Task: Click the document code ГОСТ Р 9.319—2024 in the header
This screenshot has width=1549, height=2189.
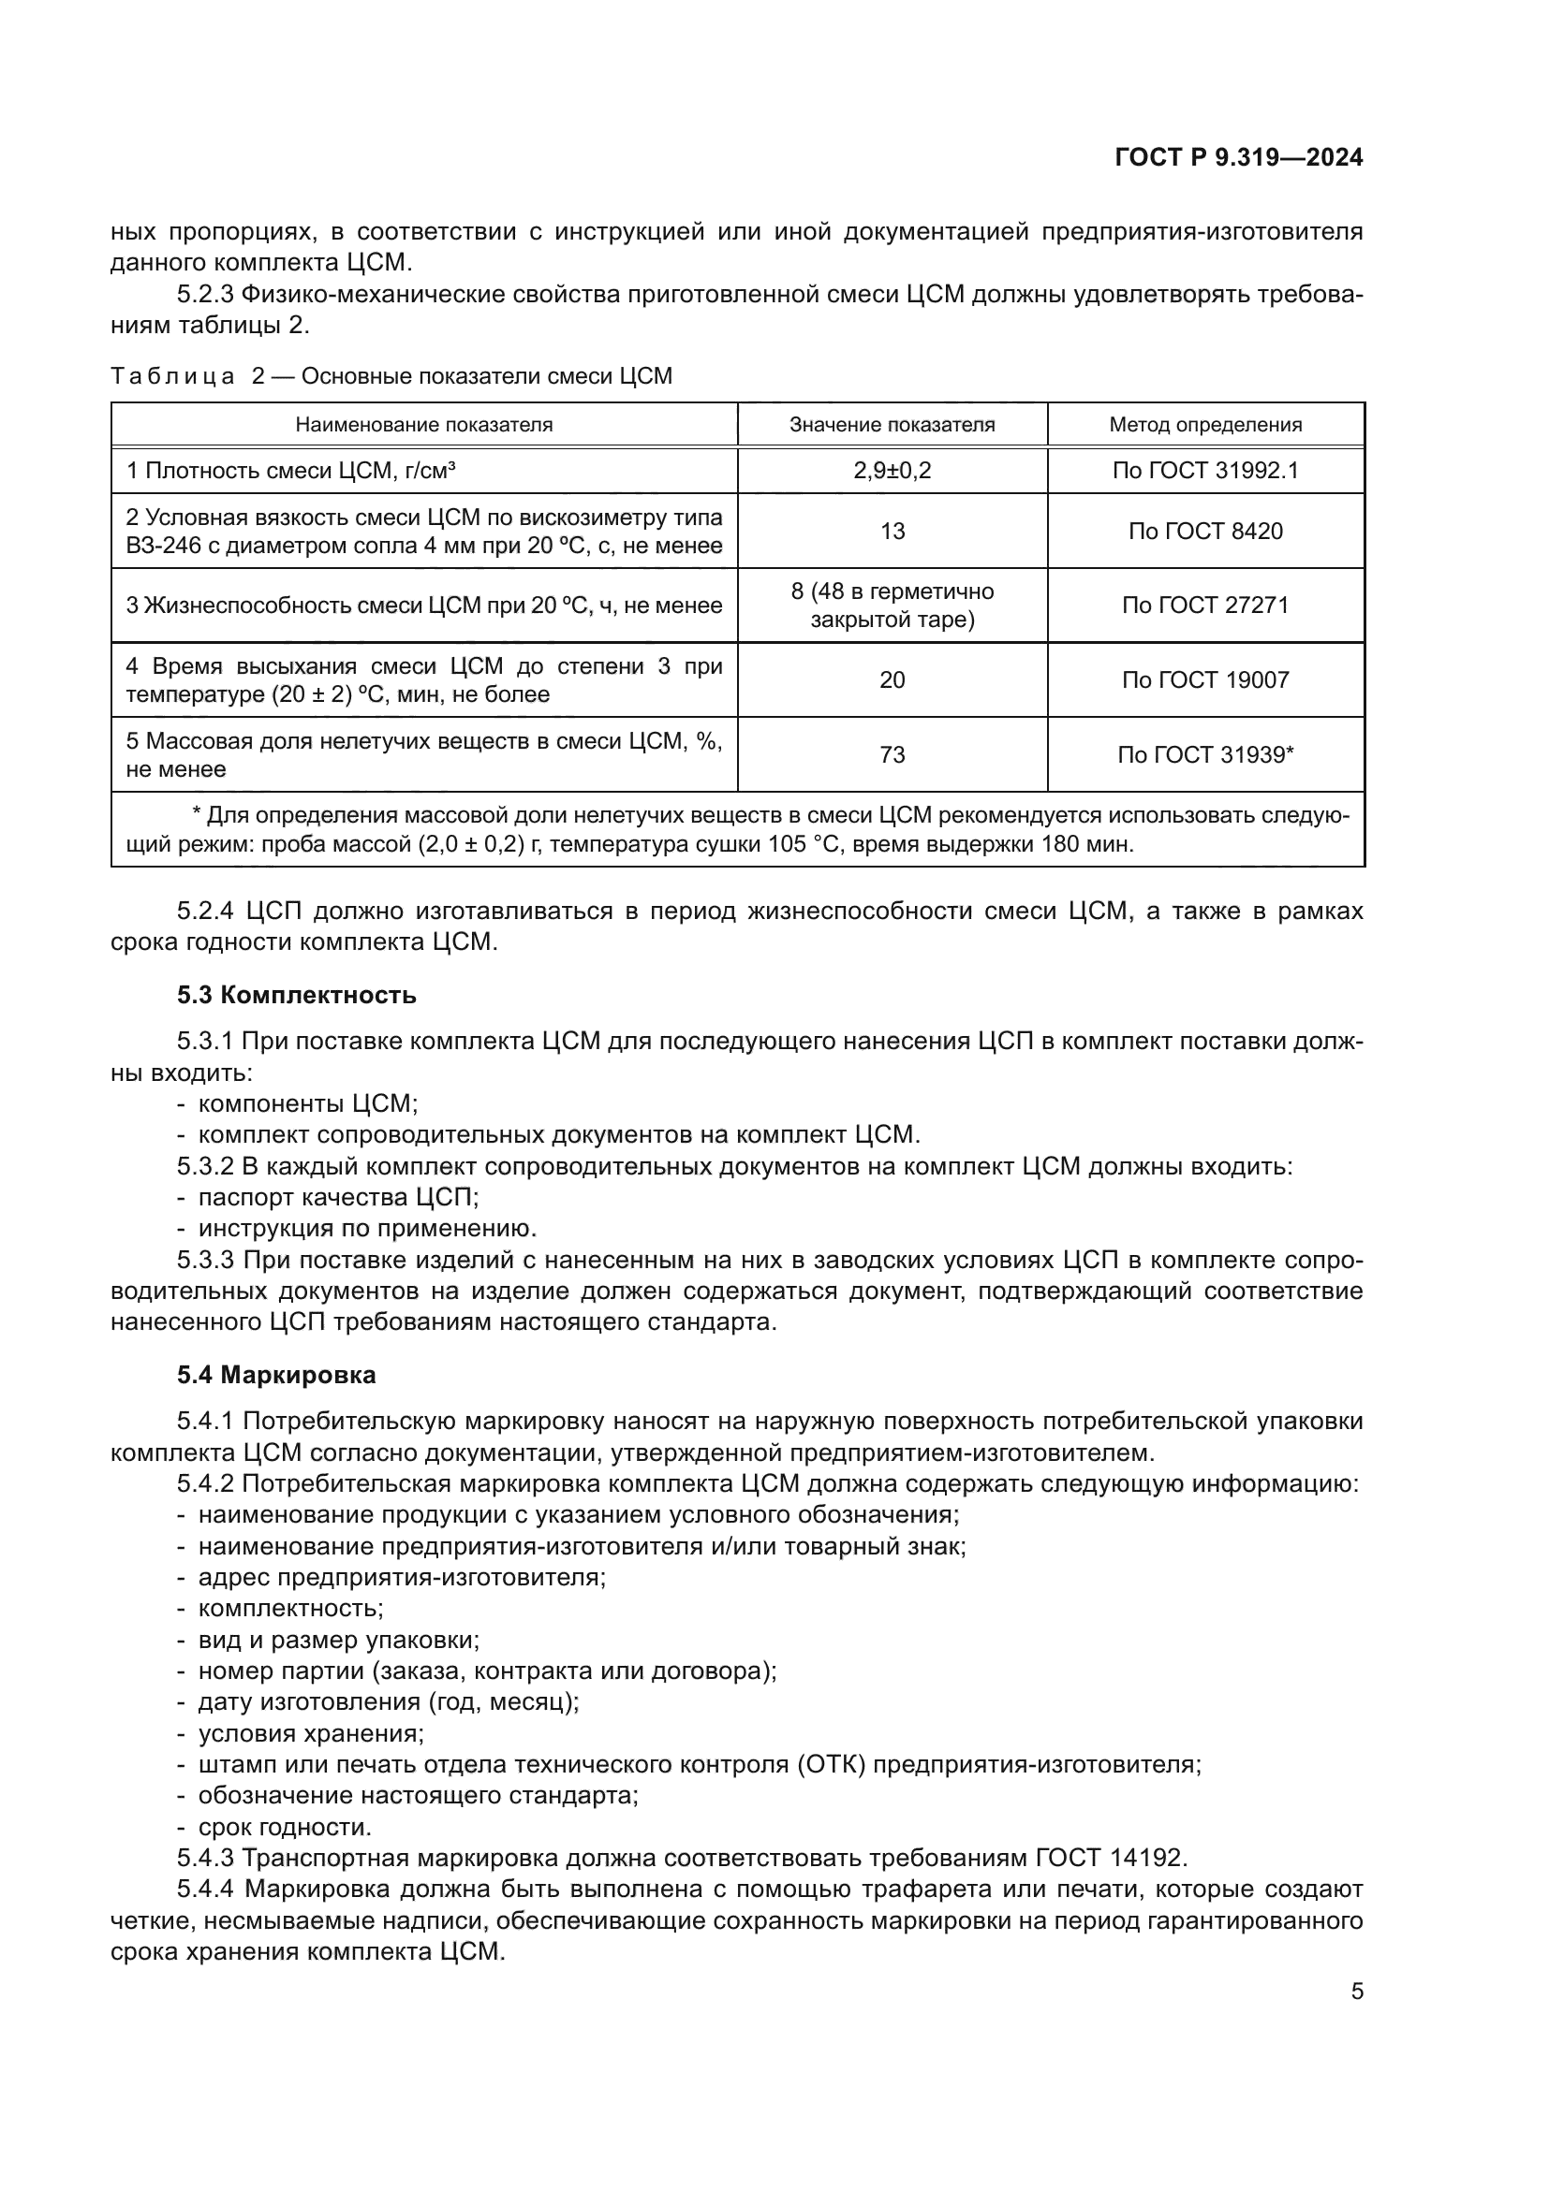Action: (1238, 158)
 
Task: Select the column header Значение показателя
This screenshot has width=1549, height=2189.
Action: (892, 425)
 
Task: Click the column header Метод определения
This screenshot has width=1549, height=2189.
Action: (1204, 425)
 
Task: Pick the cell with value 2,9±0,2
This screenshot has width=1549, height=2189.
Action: (892, 470)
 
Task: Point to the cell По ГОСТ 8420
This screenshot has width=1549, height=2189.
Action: (1204, 531)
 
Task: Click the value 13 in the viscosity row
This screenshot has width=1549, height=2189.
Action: (892, 531)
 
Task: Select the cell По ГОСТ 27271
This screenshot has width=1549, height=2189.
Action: (1204, 606)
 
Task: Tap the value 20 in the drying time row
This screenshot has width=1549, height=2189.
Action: (892, 679)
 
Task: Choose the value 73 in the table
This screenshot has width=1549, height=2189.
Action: (892, 755)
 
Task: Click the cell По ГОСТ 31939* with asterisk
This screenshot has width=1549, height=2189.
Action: (1204, 755)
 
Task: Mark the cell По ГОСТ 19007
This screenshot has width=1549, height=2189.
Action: (1204, 679)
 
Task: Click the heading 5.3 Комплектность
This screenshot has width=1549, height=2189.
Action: (297, 996)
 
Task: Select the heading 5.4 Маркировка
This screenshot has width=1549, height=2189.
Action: (276, 1375)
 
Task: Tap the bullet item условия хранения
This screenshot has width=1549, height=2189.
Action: (311, 1733)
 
